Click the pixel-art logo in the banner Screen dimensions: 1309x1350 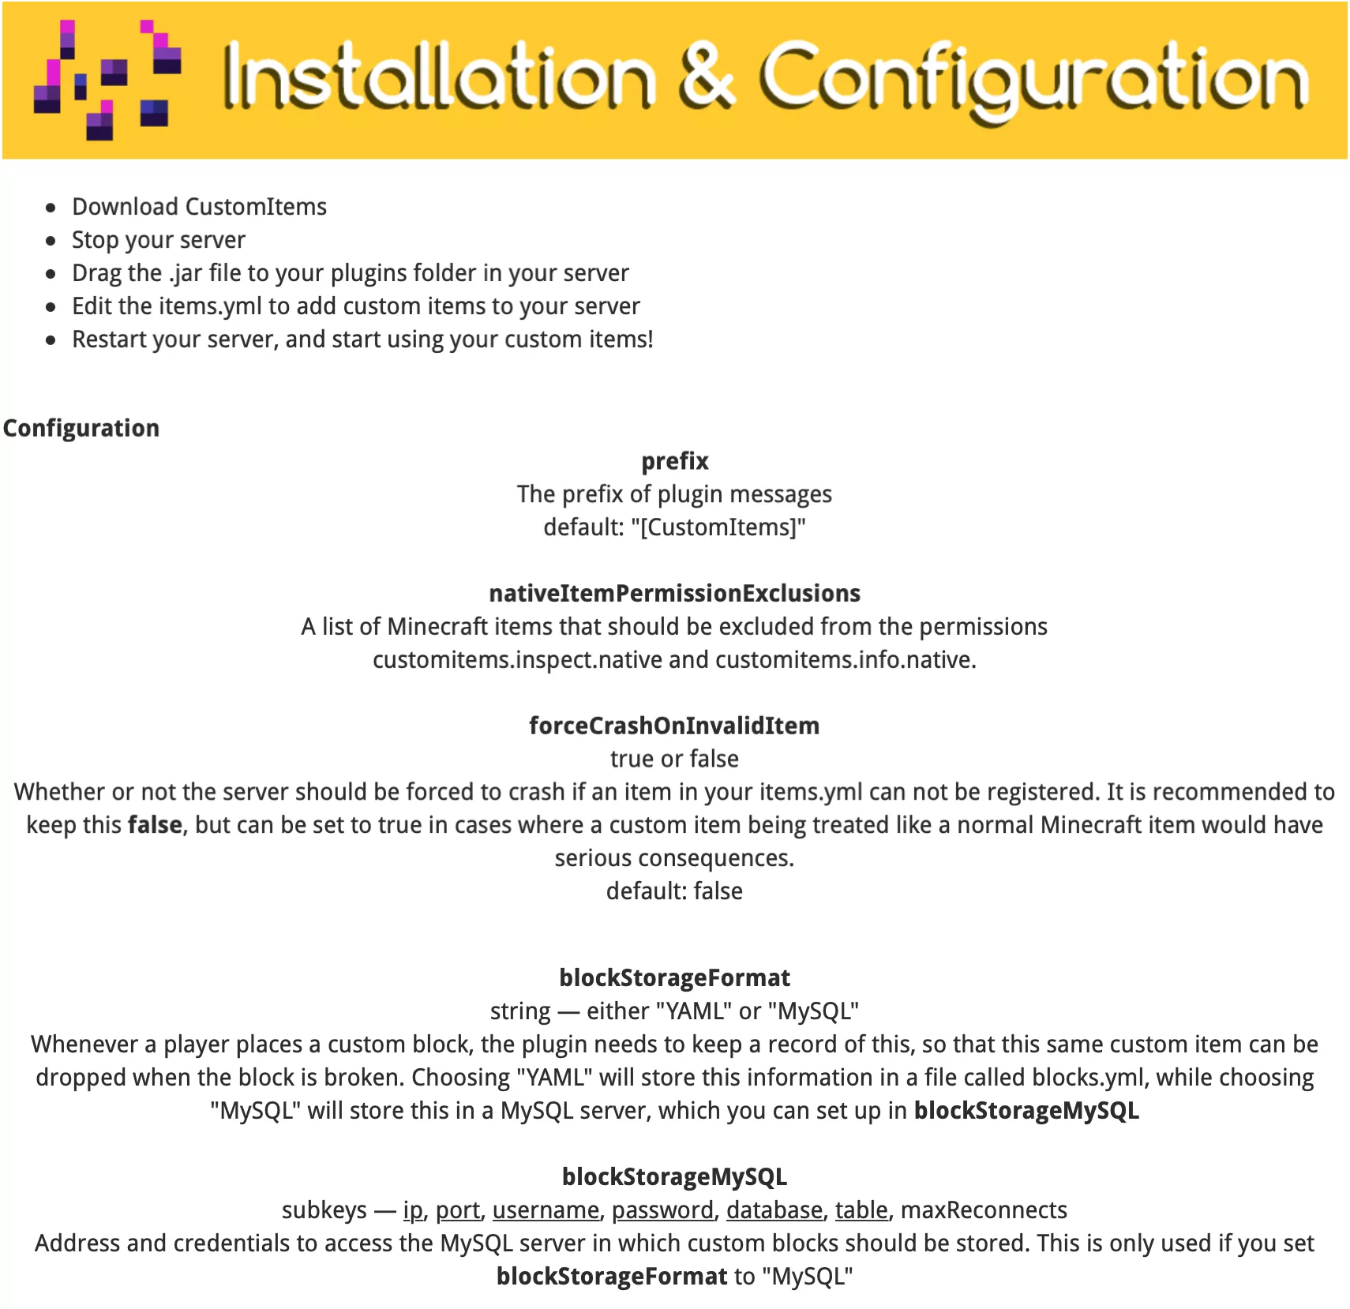(x=107, y=79)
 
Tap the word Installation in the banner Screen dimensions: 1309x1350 (x=439, y=77)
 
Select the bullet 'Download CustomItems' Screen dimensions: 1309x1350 (x=199, y=207)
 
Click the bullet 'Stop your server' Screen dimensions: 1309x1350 (x=158, y=240)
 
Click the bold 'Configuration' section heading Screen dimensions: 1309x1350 (x=81, y=428)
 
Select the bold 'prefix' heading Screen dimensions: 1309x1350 (x=674, y=461)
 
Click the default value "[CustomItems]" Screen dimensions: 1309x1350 (x=718, y=527)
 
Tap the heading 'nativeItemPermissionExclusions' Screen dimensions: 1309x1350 (x=674, y=594)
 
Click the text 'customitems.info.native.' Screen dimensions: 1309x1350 (x=846, y=660)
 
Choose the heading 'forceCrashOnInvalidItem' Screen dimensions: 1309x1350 (x=674, y=726)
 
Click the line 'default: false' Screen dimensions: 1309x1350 (x=674, y=891)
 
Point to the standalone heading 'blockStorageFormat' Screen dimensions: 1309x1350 (x=674, y=978)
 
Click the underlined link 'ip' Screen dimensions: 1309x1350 (x=413, y=1210)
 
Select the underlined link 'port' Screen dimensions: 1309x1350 (x=458, y=1210)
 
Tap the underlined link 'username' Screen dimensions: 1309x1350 (x=546, y=1210)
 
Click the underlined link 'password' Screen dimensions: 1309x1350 (x=662, y=1210)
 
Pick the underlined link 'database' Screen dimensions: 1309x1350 (x=774, y=1210)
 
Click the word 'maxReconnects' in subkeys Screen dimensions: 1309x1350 (x=984, y=1210)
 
